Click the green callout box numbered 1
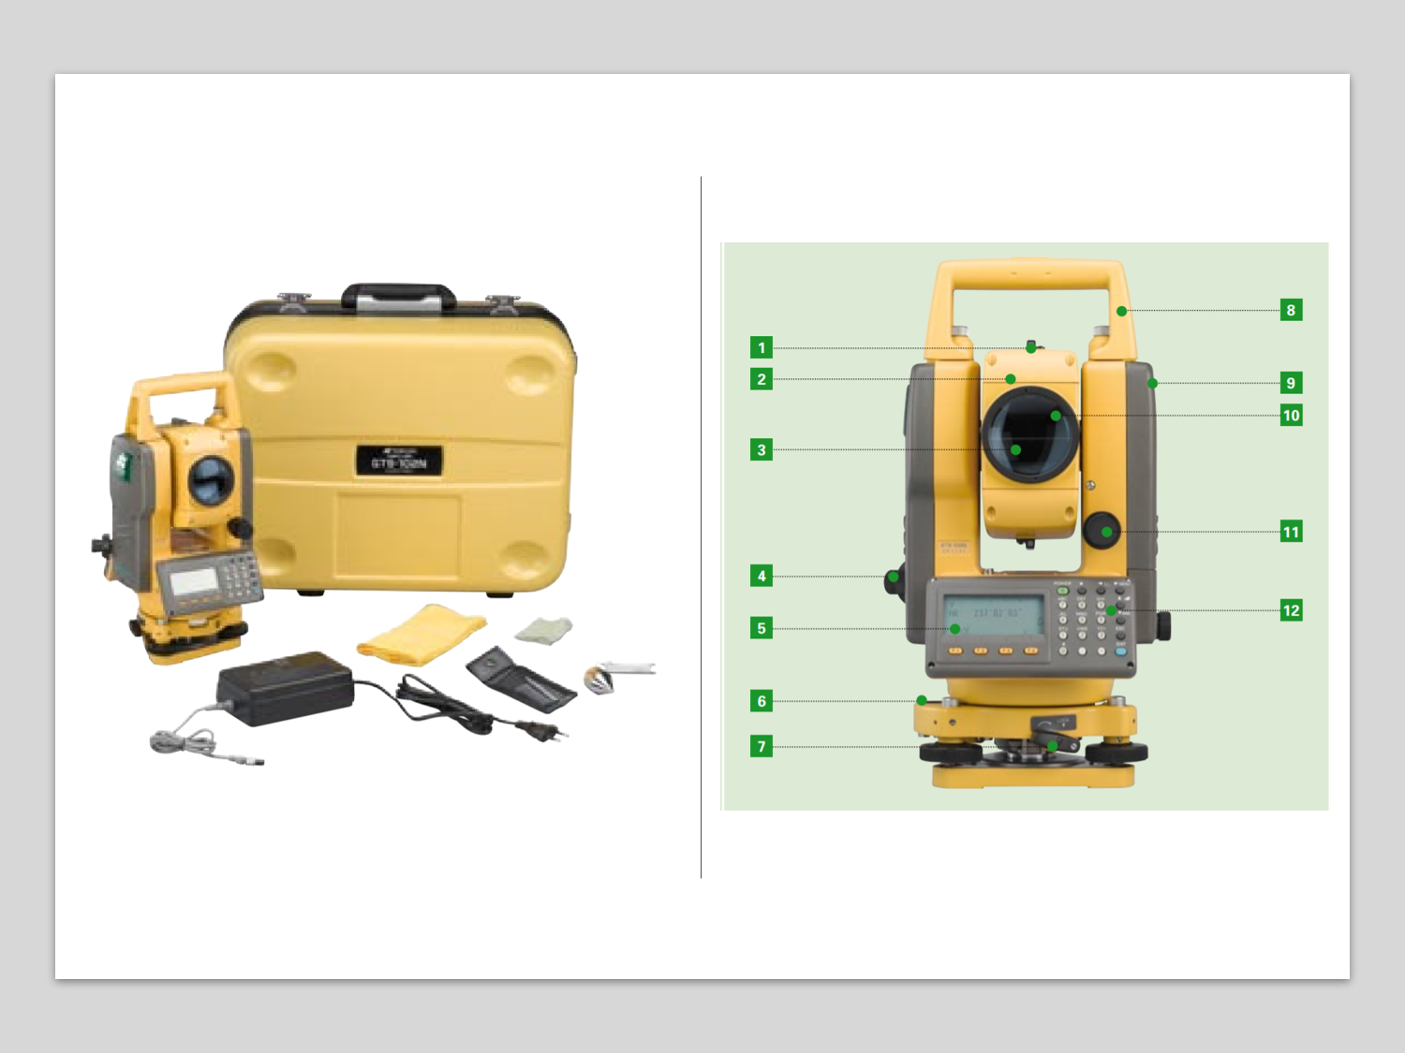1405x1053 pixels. (762, 348)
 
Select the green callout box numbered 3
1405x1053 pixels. (762, 450)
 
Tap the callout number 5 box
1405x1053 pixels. (762, 628)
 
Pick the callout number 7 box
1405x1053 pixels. (762, 746)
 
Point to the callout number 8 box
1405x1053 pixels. (1291, 310)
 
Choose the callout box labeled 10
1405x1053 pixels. (1291, 416)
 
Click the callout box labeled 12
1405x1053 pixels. (1291, 610)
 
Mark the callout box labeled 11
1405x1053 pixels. (1291, 532)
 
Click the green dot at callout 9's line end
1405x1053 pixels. (1153, 383)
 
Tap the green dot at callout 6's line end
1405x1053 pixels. (922, 700)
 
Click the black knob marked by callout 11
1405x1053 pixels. (1102, 531)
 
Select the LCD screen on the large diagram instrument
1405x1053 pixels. (993, 615)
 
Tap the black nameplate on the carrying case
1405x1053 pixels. (399, 461)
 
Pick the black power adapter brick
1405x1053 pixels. (283, 688)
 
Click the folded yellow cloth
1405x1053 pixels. (421, 634)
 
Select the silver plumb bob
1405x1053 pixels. (601, 678)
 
